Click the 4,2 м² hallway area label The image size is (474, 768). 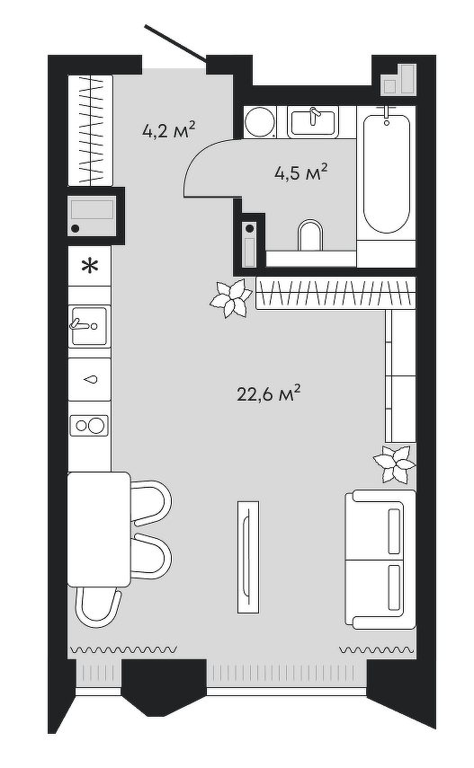point(169,131)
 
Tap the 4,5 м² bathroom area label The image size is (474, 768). point(300,172)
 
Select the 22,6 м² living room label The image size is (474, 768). point(268,393)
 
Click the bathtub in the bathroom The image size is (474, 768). point(386,172)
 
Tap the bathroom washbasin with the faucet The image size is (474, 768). point(313,122)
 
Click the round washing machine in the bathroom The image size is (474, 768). point(260,121)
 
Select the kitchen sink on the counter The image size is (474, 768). point(89,325)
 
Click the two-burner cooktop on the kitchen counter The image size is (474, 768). point(89,425)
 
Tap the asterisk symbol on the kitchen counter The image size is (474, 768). point(89,267)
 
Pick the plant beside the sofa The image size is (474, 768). point(395,463)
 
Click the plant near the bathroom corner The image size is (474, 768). point(230,298)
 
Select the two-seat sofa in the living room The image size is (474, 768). point(380,559)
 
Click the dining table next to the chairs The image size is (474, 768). point(99,529)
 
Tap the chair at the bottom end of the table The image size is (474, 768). point(98,607)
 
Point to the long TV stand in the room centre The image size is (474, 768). point(248,556)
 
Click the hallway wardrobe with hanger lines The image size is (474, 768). point(90,129)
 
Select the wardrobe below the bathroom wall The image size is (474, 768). point(335,293)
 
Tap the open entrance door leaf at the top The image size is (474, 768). point(175,44)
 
